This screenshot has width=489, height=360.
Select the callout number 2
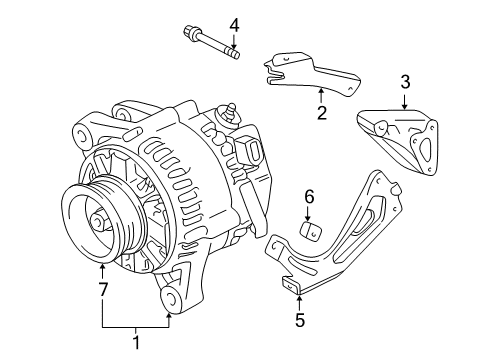321,113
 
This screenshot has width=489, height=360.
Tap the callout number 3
405,81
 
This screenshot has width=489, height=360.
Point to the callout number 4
234,24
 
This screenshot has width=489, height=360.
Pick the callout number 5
299,321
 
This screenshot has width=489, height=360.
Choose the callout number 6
309,196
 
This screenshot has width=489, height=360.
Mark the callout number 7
101,290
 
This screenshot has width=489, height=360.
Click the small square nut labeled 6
309,232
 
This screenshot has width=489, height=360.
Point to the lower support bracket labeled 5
340,240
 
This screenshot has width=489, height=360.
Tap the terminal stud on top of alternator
233,112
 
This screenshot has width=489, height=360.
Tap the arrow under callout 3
405,100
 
